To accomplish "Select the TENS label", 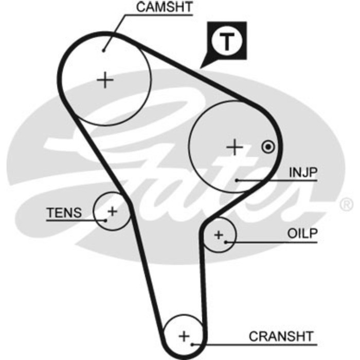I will [64, 212].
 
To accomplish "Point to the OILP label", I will [302, 234].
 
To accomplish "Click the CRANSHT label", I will [281, 336].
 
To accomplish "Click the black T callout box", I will [227, 41].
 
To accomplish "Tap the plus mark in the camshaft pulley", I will [105, 80].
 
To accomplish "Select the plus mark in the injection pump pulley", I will [235, 148].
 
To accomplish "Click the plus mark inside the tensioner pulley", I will [112, 211].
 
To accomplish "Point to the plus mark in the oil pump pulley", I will [219, 236].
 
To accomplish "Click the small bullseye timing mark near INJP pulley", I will [267, 147].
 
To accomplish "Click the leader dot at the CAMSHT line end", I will [104, 50].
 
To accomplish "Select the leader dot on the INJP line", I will [237, 180].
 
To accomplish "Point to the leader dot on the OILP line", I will [225, 242].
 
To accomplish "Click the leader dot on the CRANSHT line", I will [191, 344].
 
